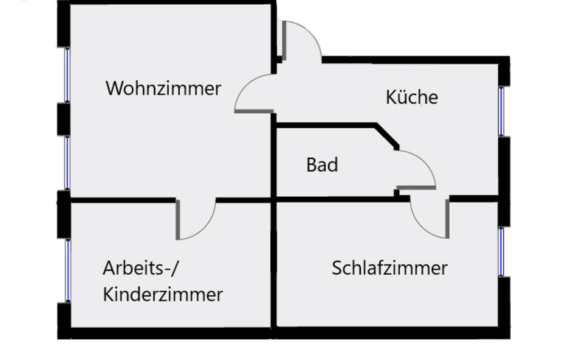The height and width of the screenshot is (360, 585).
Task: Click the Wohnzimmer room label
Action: pyautogui.click(x=163, y=88)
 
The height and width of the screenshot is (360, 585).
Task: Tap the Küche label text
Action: pyautogui.click(x=412, y=97)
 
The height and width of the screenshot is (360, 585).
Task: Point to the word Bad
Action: pyautogui.click(x=322, y=165)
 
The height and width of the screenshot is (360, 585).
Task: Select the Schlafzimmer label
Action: pyautogui.click(x=389, y=268)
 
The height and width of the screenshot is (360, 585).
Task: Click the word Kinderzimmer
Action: pyautogui.click(x=163, y=295)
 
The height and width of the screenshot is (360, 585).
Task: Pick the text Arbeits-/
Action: pyautogui.click(x=142, y=268)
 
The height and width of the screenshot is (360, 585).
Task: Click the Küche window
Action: pyautogui.click(x=502, y=111)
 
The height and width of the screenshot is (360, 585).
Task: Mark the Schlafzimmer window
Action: pyautogui.click(x=502, y=252)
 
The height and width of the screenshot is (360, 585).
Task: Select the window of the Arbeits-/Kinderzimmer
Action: pyautogui.click(x=68, y=270)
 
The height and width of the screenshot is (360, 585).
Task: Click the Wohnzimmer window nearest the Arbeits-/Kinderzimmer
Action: pyautogui.click(x=67, y=162)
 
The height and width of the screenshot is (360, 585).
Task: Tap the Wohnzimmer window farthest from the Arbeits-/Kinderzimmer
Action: pyautogui.click(x=67, y=74)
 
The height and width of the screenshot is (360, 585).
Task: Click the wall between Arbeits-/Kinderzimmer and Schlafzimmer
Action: pyautogui.click(x=274, y=265)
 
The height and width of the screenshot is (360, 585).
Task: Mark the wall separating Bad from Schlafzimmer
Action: pyautogui.click(x=335, y=199)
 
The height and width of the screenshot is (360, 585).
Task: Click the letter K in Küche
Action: pyautogui.click(x=391, y=97)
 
